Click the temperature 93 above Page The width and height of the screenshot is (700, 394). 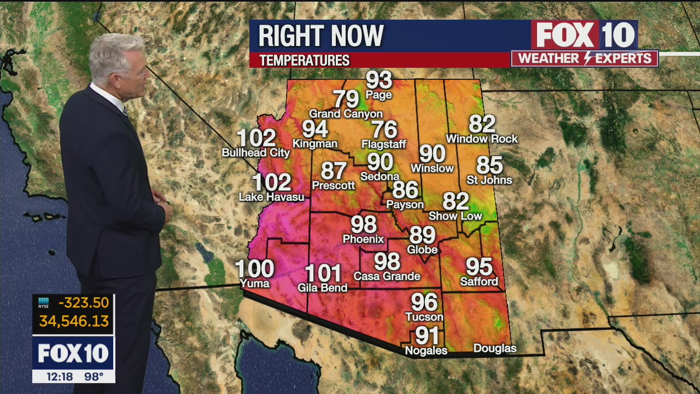(379, 80)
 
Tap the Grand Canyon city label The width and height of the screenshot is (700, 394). (346, 114)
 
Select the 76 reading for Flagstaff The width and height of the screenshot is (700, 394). (384, 130)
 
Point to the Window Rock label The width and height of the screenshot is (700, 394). (482, 139)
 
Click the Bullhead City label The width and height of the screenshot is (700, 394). (256, 153)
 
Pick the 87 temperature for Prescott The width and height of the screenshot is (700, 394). (334, 171)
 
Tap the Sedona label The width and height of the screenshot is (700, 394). (380, 176)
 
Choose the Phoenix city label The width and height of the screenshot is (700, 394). (363, 239)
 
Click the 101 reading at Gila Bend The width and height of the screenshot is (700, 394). (323, 273)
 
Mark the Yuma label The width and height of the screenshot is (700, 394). (255, 283)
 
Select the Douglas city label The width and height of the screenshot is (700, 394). (494, 349)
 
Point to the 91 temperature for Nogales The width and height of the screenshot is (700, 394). (427, 335)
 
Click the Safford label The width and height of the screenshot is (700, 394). (479, 282)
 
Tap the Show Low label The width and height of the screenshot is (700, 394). (455, 216)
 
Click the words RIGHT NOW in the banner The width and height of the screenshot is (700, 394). (321, 36)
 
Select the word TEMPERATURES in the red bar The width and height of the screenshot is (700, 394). (305, 61)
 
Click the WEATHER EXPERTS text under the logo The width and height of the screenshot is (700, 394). (585, 59)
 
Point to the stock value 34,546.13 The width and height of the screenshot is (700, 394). (74, 321)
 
